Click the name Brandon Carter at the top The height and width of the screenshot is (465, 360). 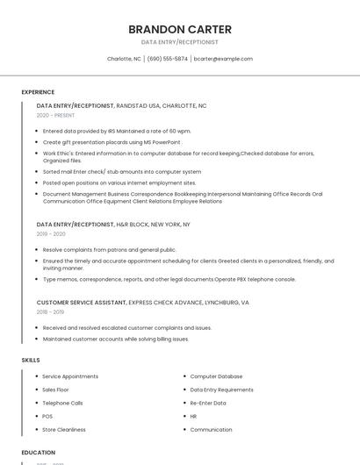[179, 28]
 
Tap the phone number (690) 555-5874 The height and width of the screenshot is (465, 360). [167, 59]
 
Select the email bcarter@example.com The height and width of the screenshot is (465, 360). [223, 59]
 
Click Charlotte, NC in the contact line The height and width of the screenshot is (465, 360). [124, 59]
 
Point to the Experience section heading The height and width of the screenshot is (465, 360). [38, 92]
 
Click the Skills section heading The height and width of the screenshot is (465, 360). [31, 360]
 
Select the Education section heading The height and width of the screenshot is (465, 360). [39, 453]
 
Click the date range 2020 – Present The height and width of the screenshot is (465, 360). [55, 116]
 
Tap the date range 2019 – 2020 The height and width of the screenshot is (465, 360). [51, 234]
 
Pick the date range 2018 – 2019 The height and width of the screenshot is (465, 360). [51, 311]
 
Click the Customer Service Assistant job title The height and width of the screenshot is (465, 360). [82, 302]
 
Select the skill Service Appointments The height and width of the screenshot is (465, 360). [70, 376]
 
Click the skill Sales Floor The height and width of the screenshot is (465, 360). [55, 390]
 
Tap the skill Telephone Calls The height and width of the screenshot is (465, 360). [63, 403]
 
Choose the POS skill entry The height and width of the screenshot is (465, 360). [47, 416]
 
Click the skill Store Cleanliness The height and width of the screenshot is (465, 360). [64, 430]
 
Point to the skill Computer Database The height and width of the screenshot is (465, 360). [216, 376]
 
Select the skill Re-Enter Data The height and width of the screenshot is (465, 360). [208, 403]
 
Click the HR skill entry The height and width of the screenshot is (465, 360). [193, 416]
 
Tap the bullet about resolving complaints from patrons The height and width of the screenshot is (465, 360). [110, 249]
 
